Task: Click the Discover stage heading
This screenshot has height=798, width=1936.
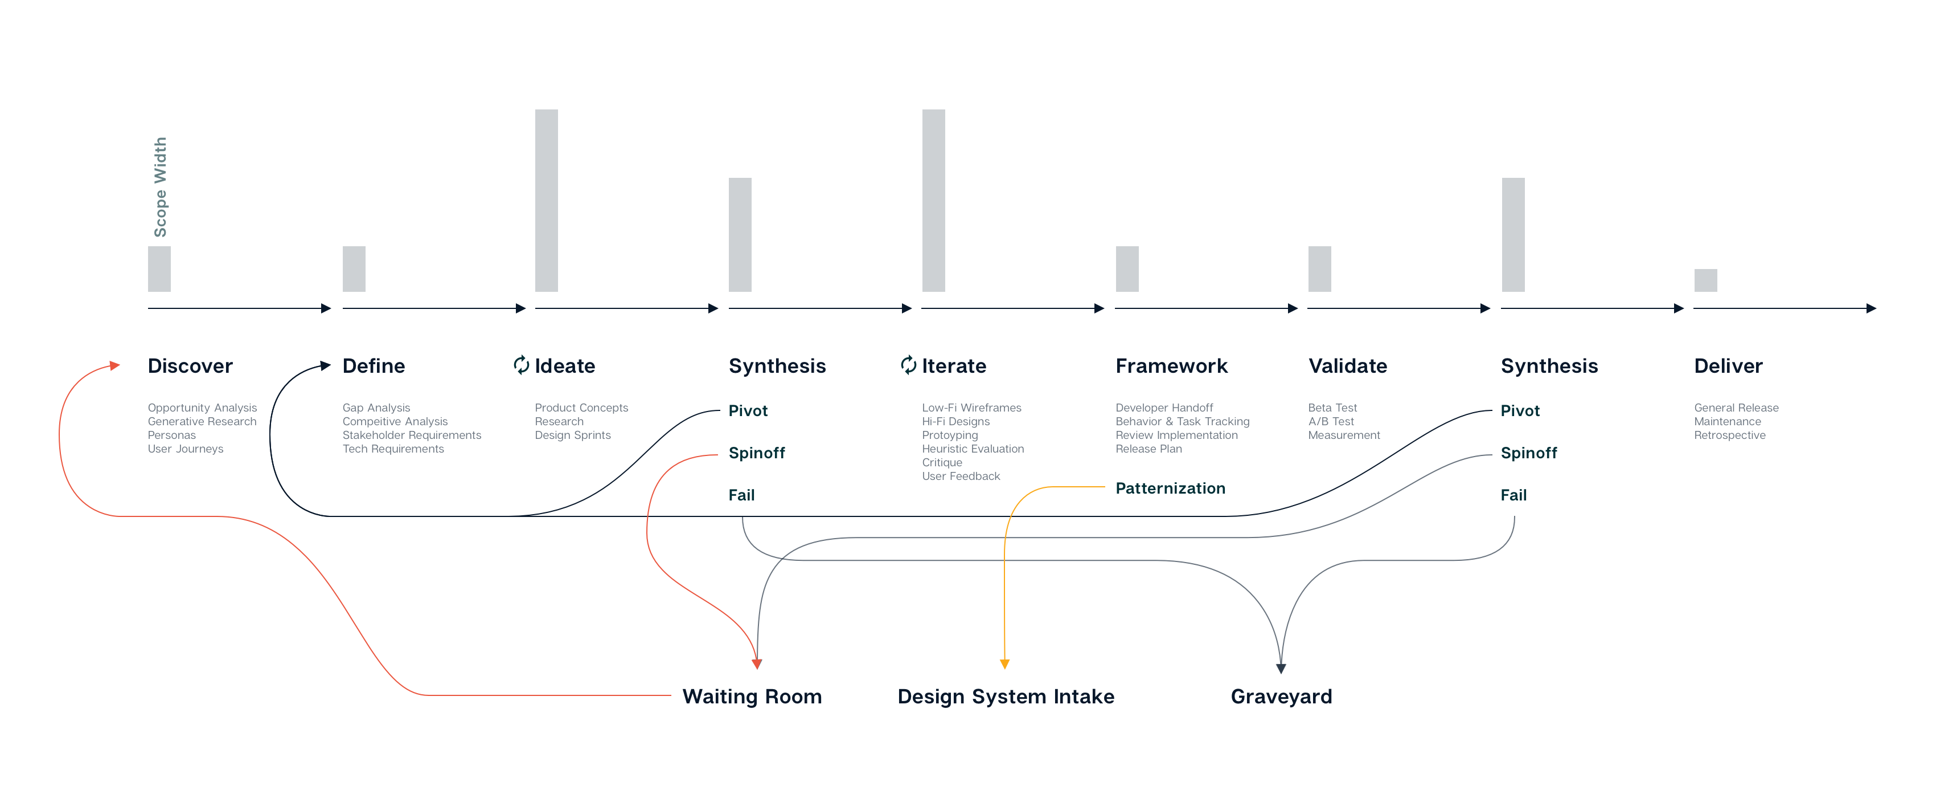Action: pyautogui.click(x=190, y=367)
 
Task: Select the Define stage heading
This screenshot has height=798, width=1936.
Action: pyautogui.click(x=374, y=367)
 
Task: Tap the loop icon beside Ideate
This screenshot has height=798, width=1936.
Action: pyautogui.click(x=522, y=365)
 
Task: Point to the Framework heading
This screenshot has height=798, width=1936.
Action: pyautogui.click(x=1171, y=367)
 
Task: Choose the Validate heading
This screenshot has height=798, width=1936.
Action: pyautogui.click(x=1348, y=367)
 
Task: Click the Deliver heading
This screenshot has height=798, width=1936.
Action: pyautogui.click(x=1728, y=367)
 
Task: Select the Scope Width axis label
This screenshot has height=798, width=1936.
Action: pyautogui.click(x=160, y=188)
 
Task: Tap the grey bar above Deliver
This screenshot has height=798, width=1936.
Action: pyautogui.click(x=1705, y=280)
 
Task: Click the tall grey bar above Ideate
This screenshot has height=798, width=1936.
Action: pyautogui.click(x=547, y=201)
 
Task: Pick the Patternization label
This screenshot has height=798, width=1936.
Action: pyautogui.click(x=1170, y=489)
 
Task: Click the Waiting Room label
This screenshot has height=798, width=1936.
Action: pyautogui.click(x=752, y=697)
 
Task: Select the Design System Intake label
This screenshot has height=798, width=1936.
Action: pyautogui.click(x=1006, y=697)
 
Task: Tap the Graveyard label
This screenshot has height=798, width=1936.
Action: pyautogui.click(x=1281, y=697)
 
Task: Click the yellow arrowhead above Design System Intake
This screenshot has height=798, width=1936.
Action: pyautogui.click(x=1005, y=664)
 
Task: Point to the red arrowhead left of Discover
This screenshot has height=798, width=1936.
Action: pyautogui.click(x=115, y=365)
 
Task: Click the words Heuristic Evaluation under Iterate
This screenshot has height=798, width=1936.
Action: pyautogui.click(x=973, y=449)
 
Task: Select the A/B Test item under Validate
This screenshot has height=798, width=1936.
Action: pyautogui.click(x=1331, y=422)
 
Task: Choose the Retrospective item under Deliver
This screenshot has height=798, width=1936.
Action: pyautogui.click(x=1729, y=435)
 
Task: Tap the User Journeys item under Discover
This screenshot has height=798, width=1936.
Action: pyautogui.click(x=186, y=449)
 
